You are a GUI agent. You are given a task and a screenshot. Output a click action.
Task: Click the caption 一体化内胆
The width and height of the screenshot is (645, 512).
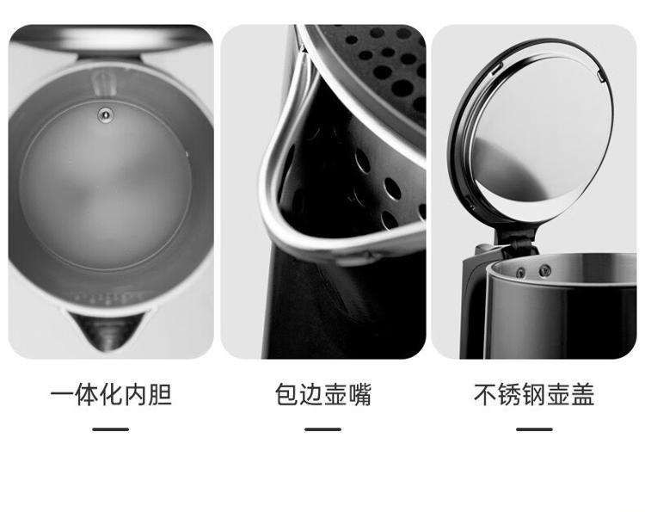pos(111,394)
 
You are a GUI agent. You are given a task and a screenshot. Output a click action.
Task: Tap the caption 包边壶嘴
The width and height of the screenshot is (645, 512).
pos(322,394)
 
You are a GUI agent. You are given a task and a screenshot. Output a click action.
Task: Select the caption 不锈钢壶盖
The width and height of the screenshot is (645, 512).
pos(534,394)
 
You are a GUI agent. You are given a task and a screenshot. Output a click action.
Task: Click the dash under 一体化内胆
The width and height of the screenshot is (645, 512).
pos(111,429)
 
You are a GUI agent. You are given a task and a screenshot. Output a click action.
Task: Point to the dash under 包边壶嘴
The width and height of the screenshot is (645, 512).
pos(322,429)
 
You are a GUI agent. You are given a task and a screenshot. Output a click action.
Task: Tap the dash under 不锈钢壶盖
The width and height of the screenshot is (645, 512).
pos(534,429)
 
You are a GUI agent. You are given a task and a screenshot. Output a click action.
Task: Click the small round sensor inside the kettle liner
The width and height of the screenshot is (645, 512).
pos(106,114)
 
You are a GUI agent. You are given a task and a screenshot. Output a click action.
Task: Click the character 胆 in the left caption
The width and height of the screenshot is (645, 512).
pos(160,394)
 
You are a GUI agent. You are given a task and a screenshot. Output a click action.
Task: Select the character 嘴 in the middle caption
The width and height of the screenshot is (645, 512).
pos(359,394)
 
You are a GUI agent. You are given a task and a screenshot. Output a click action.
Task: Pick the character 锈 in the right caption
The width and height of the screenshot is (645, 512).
pos(510,394)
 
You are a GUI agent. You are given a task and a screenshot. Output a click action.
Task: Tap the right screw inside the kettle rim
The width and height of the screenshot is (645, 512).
pos(545,270)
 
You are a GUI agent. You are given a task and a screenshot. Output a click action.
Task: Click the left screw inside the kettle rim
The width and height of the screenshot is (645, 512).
pos(521,273)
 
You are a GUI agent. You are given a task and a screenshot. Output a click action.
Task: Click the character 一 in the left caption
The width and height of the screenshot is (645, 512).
pos(62,394)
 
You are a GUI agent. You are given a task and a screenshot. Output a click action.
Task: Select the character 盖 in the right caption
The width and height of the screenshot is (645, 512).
pos(583,394)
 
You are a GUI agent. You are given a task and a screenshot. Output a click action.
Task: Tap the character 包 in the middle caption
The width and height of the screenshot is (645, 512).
pos(286,394)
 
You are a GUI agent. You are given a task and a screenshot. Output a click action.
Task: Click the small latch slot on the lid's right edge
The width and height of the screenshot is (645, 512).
pos(601,76)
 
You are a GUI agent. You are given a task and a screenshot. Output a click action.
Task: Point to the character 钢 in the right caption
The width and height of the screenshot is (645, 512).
pos(534,394)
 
